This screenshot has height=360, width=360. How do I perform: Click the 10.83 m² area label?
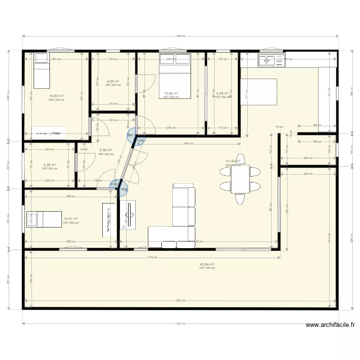[57, 96]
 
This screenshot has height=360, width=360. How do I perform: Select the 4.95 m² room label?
[113, 82]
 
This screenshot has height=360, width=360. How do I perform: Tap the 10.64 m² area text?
[171, 94]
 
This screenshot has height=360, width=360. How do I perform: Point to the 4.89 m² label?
[223, 94]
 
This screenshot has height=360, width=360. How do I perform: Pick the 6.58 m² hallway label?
[106, 150]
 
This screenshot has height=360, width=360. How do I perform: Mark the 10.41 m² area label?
[71, 219]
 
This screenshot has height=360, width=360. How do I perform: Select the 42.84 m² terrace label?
[207, 264]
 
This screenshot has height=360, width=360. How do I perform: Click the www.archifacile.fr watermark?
[330, 325]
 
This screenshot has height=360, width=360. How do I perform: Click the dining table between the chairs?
[240, 179]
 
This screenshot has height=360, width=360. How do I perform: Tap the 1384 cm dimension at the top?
[180, 36]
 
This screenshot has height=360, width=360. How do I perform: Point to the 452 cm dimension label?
[189, 144]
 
